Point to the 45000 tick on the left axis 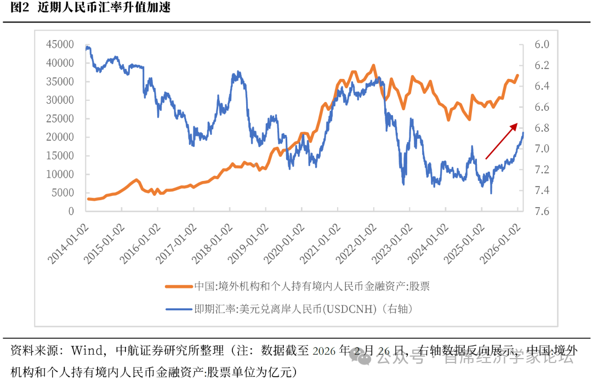(60, 44)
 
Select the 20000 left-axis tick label (60, 137)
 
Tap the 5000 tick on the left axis (62, 193)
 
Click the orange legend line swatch (179, 286)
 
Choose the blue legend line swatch (179, 309)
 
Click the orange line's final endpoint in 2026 (517, 76)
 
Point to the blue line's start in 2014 (87, 48)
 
